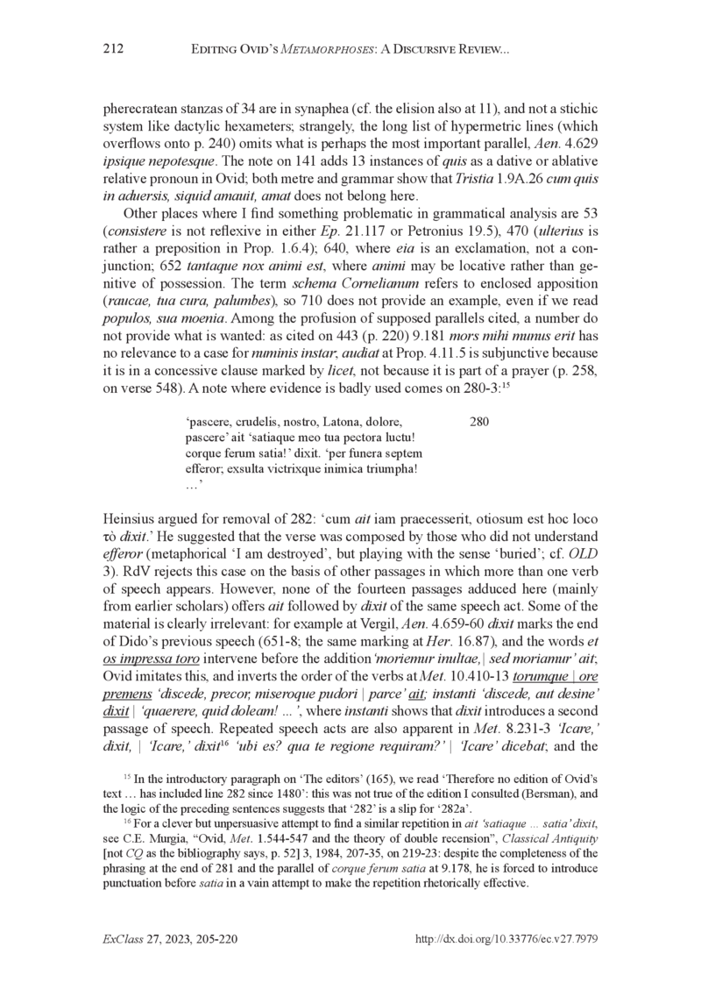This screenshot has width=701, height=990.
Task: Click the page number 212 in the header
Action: [x=115, y=55]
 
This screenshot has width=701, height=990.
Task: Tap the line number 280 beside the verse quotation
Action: [x=479, y=422]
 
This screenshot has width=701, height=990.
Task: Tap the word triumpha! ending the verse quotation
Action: [x=395, y=469]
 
